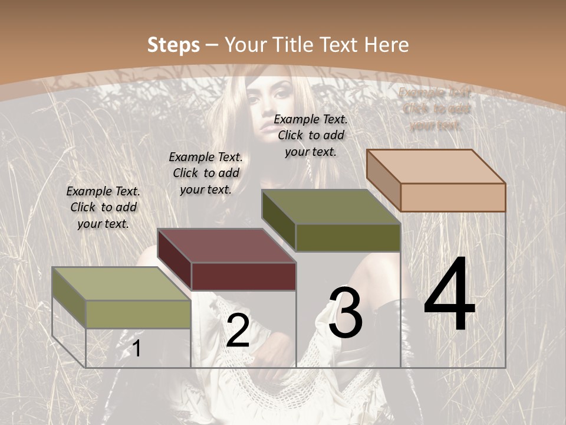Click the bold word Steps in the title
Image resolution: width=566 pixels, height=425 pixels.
tap(173, 45)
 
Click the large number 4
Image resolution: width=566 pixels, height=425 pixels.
tap(449, 296)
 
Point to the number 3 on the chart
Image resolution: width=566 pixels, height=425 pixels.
tap(345, 313)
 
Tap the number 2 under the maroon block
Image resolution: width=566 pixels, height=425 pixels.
tap(238, 331)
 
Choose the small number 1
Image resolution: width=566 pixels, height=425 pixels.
tap(136, 348)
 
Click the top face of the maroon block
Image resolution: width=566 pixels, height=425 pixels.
tap(226, 246)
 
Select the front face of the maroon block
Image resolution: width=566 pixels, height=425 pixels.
tap(243, 276)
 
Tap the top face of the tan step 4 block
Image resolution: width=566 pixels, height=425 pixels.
tap(436, 166)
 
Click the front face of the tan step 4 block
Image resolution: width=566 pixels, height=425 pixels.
tap(453, 197)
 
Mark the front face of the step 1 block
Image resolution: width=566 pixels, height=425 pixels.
tap(139, 314)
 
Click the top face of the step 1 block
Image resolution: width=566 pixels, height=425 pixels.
tap(121, 284)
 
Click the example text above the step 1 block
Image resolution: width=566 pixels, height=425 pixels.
tap(103, 207)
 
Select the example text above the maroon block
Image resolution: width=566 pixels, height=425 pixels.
tap(206, 173)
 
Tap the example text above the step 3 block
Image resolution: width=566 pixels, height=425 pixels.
tap(311, 135)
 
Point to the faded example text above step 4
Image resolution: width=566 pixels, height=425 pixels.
tap(435, 109)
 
